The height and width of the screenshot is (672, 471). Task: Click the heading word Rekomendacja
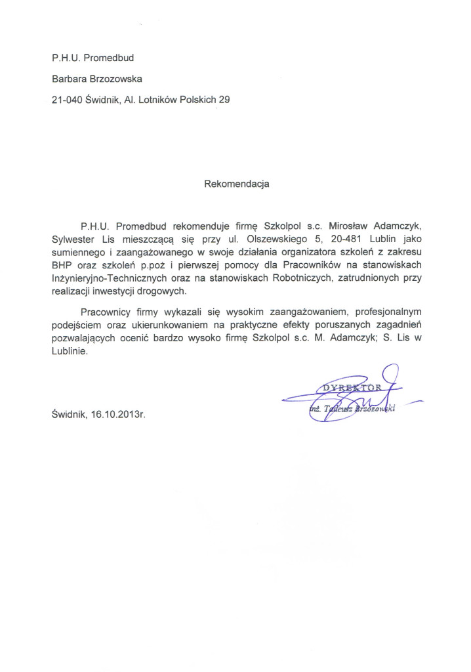coord(237,184)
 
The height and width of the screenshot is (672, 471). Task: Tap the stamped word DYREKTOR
coord(348,387)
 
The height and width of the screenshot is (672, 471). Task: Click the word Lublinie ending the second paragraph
coord(69,350)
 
